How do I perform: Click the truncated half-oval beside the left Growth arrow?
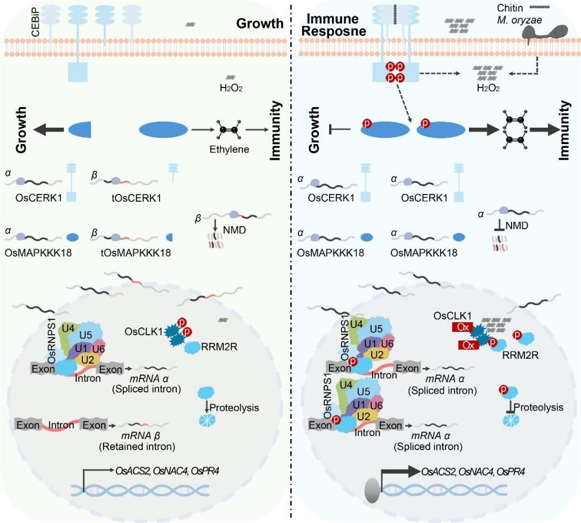tap(79, 130)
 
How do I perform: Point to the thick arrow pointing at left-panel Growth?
tap(49, 130)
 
